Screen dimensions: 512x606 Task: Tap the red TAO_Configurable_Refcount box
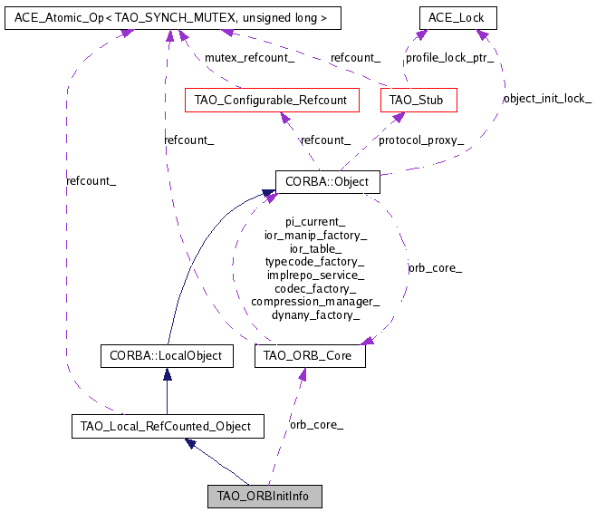coord(271,100)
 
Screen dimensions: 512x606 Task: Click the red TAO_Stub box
coord(418,100)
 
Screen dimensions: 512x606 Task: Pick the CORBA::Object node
coord(327,182)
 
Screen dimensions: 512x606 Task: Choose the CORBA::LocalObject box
coord(166,356)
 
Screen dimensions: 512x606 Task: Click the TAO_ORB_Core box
coord(310,356)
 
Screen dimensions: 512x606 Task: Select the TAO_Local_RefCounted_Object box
coord(168,425)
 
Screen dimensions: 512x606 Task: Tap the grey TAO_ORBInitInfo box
coord(265,497)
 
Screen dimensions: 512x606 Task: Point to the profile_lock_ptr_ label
coord(449,57)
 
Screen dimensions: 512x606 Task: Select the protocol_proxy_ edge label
coord(421,140)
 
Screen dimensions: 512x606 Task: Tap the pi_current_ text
coord(315,222)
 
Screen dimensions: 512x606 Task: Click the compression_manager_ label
coord(315,302)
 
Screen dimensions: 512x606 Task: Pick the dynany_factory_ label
coord(315,314)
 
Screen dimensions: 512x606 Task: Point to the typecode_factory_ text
coord(315,262)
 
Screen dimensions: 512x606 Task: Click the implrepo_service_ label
coord(315,275)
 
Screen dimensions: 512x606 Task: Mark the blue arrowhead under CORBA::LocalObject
coord(166,374)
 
